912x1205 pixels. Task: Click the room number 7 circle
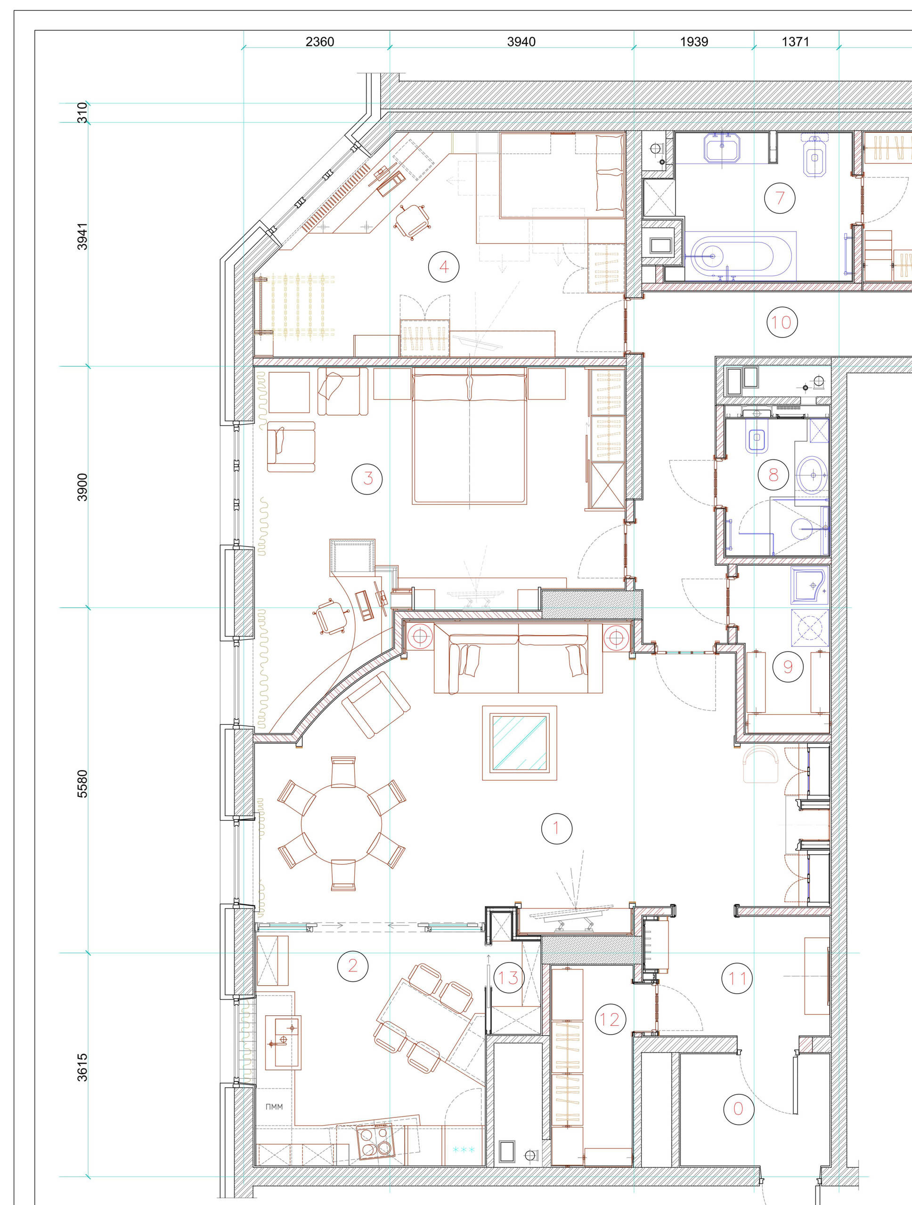(780, 198)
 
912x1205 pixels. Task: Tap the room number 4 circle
(444, 267)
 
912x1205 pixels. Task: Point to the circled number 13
(509, 978)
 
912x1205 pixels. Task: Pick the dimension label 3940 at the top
(521, 42)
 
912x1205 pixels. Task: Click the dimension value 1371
(795, 42)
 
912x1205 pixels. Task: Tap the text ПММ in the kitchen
(274, 1107)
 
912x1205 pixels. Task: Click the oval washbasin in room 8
(813, 475)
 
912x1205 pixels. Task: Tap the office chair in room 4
(412, 220)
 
